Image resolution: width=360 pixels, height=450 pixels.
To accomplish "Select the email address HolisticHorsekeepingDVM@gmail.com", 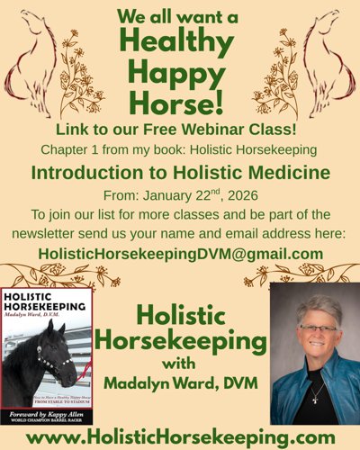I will click(180, 254).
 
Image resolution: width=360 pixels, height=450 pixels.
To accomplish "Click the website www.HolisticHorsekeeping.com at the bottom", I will click(180, 436).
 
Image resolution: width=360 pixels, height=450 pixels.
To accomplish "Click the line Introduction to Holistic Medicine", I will click(180, 172).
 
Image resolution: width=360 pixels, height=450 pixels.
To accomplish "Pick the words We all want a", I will click(180, 17).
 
